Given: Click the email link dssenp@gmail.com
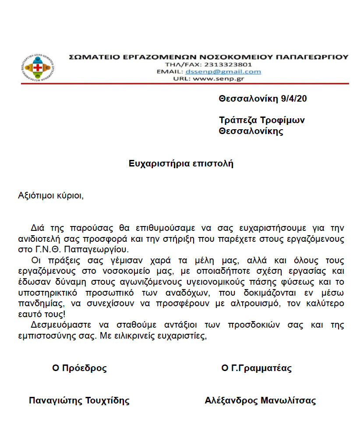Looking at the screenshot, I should pos(223,72).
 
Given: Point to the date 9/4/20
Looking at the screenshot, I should pos(293,99).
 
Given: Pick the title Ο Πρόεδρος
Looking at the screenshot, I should pos(79,368).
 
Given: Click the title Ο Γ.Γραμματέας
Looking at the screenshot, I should pos(256,368).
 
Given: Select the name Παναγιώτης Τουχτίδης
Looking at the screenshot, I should pos(79,400).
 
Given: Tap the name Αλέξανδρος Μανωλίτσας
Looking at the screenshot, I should pos(260,400).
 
